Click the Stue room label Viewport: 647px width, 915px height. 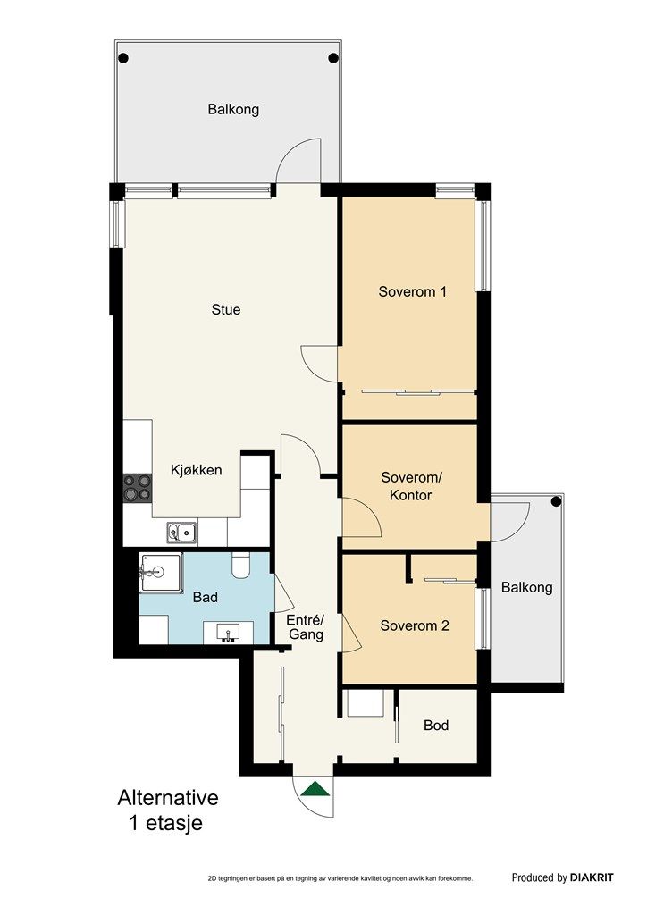[226, 309]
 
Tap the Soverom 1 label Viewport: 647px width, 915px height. [413, 291]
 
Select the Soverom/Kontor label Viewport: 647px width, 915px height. [411, 486]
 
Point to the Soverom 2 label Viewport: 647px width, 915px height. [415, 625]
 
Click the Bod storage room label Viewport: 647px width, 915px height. [436, 726]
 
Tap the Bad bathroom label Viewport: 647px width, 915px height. [205, 597]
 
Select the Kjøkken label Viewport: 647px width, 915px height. [196, 470]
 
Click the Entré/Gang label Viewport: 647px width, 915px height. [305, 626]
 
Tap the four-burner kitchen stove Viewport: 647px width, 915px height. [138, 488]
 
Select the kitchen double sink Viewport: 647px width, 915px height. [182, 532]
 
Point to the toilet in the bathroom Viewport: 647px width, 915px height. [240, 565]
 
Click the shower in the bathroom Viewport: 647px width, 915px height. [161, 573]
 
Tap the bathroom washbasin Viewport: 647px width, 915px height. [228, 634]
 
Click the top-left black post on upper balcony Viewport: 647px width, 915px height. [123, 58]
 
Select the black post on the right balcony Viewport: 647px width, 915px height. [556, 501]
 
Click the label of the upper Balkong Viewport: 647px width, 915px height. [233, 109]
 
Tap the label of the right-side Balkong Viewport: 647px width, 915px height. [527, 587]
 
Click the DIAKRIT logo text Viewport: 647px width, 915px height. [592, 877]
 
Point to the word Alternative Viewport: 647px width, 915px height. [168, 797]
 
